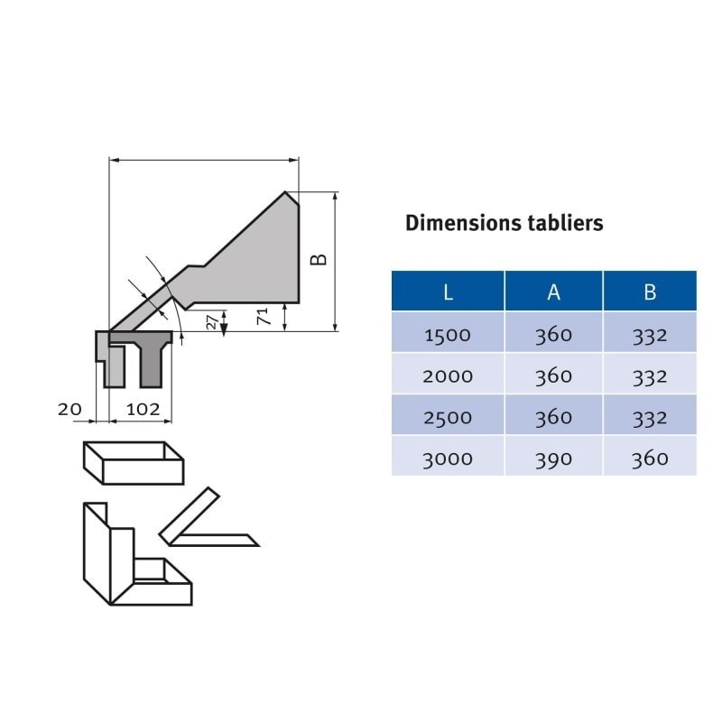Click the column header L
(448, 292)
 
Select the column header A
(553, 292)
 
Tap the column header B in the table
(650, 292)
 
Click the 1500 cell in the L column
(448, 335)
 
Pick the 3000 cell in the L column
(448, 459)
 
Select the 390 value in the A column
(553, 459)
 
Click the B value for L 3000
(650, 459)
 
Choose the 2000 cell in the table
(448, 376)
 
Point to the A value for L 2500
(553, 418)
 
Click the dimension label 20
(69, 409)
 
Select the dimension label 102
(143, 409)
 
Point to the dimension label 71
(263, 317)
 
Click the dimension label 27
(212, 322)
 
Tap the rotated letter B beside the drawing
(319, 260)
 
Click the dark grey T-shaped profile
(150, 362)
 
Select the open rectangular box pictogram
(134, 463)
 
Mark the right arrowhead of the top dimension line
(293, 161)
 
